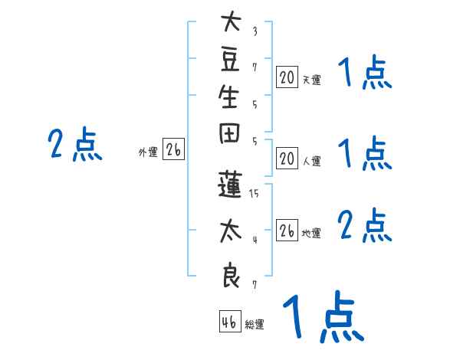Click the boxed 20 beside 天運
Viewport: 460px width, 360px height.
pyautogui.click(x=287, y=77)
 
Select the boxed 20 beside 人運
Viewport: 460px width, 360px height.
pyautogui.click(x=287, y=159)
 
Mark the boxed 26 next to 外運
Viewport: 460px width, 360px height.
pyautogui.click(x=174, y=151)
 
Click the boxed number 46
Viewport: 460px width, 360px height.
pyautogui.click(x=229, y=322)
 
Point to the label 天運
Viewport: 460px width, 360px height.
pyautogui.click(x=311, y=80)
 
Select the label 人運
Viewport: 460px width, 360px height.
pyautogui.click(x=311, y=162)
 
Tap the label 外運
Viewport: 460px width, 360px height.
pyautogui.click(x=148, y=153)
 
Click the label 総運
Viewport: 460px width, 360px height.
pyautogui.click(x=255, y=325)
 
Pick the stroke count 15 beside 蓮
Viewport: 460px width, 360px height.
pyautogui.click(x=254, y=194)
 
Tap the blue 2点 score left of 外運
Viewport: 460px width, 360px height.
pyautogui.click(x=75, y=145)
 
